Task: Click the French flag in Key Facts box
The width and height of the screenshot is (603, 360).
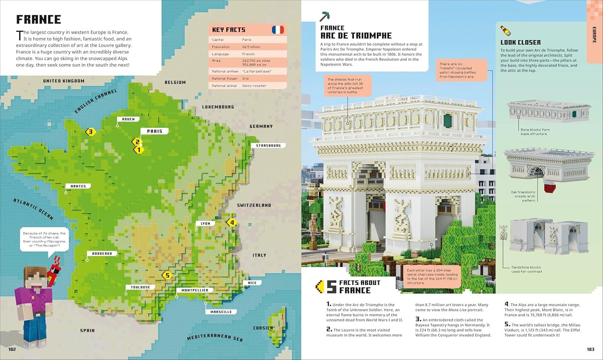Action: click(x=277, y=29)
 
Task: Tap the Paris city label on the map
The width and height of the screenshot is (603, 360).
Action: click(x=154, y=131)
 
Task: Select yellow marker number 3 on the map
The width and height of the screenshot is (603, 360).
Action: click(x=90, y=131)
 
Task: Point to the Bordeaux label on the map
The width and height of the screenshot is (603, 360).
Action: click(x=102, y=254)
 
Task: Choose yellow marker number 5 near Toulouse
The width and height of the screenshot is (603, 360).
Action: click(x=167, y=275)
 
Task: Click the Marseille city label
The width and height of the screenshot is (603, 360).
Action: click(x=221, y=312)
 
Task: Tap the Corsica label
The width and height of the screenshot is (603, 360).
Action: click(x=263, y=328)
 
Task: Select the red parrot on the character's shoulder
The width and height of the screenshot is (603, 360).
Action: click(x=51, y=276)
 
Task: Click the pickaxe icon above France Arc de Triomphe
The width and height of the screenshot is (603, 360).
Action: click(x=325, y=16)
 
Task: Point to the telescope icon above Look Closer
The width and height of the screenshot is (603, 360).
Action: click(x=505, y=31)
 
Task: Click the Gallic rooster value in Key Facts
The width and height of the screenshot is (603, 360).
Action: click(x=254, y=86)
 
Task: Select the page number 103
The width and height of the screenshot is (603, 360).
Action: click(x=590, y=349)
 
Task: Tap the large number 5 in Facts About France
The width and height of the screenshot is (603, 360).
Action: click(x=331, y=286)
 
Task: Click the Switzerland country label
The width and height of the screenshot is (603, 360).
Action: click(x=254, y=205)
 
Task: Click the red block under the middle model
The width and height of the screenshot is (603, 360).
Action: click(x=550, y=188)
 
